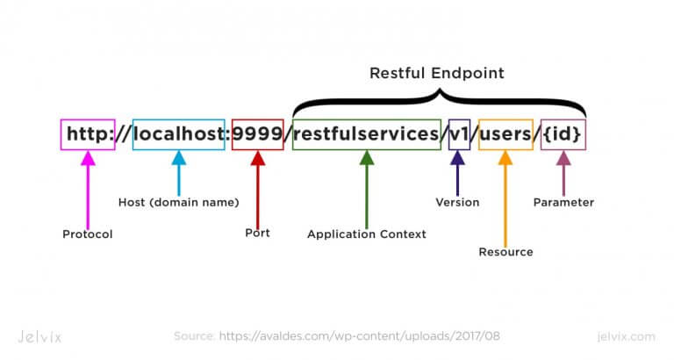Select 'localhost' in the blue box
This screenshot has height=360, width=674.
pos(178,134)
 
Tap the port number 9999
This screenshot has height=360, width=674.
pos(257,134)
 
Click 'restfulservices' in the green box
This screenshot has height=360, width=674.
pos(366,134)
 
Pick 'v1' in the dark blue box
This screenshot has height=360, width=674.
pos(458,134)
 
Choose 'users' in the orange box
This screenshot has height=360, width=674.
pos(505,134)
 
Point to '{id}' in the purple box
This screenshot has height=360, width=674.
pos(563,134)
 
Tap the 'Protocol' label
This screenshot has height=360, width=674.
pos(88,234)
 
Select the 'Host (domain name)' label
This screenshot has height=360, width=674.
pos(178,202)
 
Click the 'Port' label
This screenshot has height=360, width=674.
pos(257,234)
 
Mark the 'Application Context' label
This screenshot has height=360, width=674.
pos(366,234)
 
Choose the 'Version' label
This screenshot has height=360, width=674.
pos(457,202)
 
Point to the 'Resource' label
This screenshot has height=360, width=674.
pos(505,252)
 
